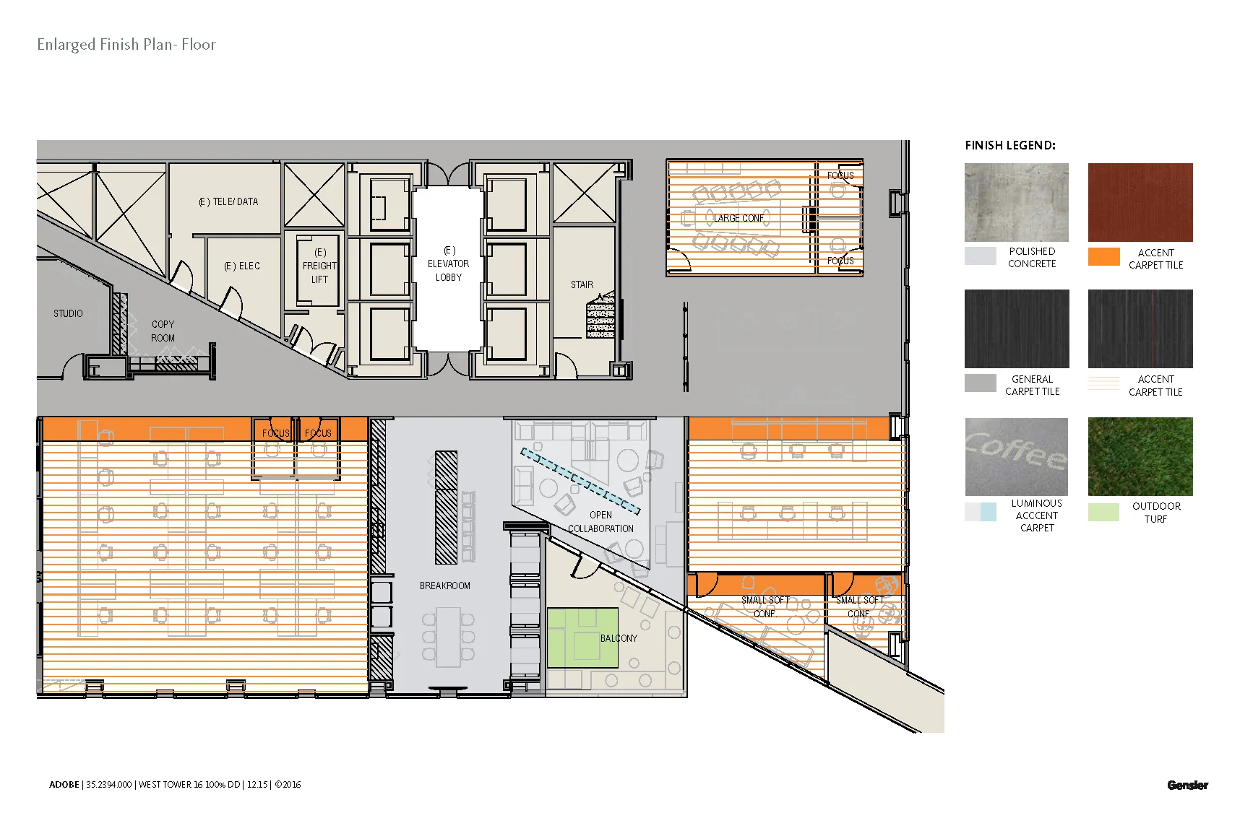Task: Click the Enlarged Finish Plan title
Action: tap(126, 45)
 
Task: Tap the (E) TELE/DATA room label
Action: tap(228, 202)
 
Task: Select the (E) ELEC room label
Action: tap(241, 266)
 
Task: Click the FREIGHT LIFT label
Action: tap(319, 266)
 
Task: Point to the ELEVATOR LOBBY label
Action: tap(448, 264)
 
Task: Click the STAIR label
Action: tap(582, 285)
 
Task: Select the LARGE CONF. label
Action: tap(739, 218)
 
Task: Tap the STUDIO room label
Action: tap(68, 313)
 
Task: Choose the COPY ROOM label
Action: tap(163, 331)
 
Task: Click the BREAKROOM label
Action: tap(444, 586)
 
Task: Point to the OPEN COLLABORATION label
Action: tap(600, 522)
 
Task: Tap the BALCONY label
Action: tap(619, 638)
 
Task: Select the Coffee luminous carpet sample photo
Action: tap(1016, 456)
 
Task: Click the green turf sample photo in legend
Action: tap(1140, 456)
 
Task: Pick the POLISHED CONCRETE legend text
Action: tap(1032, 258)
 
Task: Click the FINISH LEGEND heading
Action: tap(1009, 146)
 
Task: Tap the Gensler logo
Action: tap(1187, 785)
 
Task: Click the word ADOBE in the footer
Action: tap(64, 785)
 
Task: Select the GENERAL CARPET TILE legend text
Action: tap(1032, 386)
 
